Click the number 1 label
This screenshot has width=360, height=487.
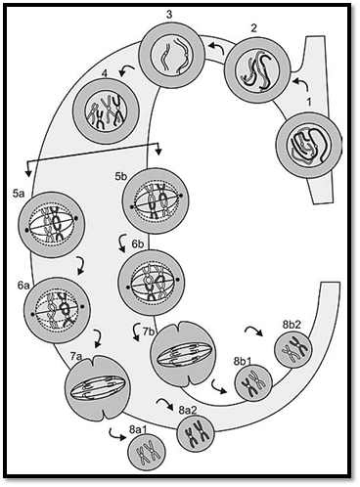pyautogui.click(x=308, y=103)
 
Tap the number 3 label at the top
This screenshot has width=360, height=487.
pyautogui.click(x=169, y=16)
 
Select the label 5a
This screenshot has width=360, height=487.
pyautogui.click(x=19, y=195)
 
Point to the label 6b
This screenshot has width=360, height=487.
pyautogui.click(x=138, y=244)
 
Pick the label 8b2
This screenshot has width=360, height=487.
pyautogui.click(x=292, y=325)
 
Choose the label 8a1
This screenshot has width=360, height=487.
pyautogui.click(x=138, y=429)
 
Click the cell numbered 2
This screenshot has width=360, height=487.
pyautogui.click(x=257, y=69)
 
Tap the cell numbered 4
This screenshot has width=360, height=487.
pyautogui.click(x=106, y=111)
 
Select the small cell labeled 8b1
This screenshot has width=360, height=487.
pyautogui.click(x=253, y=381)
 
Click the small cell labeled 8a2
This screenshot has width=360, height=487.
pyautogui.click(x=196, y=433)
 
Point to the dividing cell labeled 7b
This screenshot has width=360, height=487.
pyautogui.click(x=183, y=356)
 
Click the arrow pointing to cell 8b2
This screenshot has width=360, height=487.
pyautogui.click(x=253, y=331)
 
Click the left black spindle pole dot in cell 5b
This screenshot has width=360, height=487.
pyautogui.click(x=131, y=207)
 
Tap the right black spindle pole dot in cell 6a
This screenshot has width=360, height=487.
pyautogui.click(x=82, y=306)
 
